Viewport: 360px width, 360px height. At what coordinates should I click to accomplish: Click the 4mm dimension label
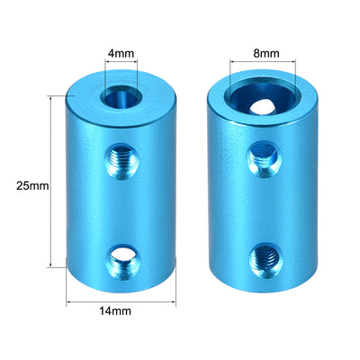pos(121,52)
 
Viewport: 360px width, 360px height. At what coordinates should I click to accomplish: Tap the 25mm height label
pos(31,185)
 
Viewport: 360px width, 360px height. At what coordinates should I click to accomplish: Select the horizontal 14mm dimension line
pos(121,297)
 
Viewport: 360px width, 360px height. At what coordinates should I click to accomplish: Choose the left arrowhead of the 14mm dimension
pos(69,297)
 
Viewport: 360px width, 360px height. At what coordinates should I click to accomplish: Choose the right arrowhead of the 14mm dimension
pos(173,297)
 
